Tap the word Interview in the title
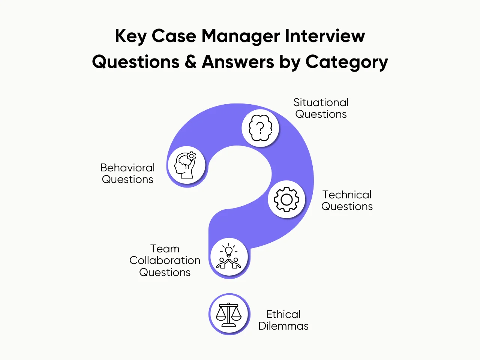[x=325, y=36]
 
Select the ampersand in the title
[x=190, y=62]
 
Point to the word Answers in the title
[x=238, y=62]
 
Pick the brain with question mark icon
[x=260, y=128]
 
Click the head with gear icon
[x=186, y=165]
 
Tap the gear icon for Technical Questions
[x=286, y=199]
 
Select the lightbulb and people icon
[x=229, y=257]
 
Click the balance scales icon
[x=229, y=314]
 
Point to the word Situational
[x=321, y=102]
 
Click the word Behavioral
[x=127, y=168]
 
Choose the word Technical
[x=347, y=195]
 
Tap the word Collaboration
[x=165, y=260]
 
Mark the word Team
[x=165, y=249]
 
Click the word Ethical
[x=283, y=314]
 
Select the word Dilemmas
[x=283, y=326]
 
